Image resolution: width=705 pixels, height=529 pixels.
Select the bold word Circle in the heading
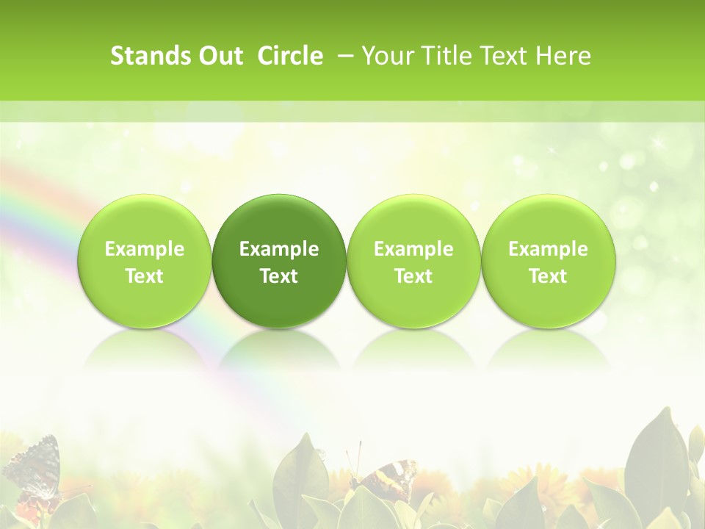click(x=290, y=56)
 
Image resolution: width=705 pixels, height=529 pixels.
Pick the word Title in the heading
click(x=444, y=56)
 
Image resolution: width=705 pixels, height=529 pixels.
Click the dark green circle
click(x=279, y=261)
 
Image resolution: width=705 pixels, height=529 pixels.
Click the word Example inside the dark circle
click(x=279, y=249)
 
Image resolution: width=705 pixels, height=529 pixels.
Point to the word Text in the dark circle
click(x=279, y=276)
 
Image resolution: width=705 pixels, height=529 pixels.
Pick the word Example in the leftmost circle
click(x=145, y=249)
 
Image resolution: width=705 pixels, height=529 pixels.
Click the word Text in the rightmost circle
click(x=549, y=276)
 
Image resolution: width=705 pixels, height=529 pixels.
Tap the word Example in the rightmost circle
click(x=549, y=249)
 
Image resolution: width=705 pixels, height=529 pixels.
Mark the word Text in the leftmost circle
click(x=145, y=276)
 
